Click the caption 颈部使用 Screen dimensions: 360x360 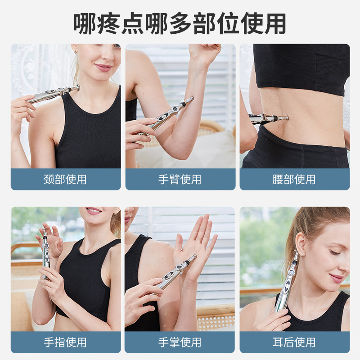(x=66, y=180)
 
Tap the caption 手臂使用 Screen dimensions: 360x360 (x=180, y=180)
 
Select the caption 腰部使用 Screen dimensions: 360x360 (x=294, y=180)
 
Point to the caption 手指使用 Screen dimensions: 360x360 (x=66, y=342)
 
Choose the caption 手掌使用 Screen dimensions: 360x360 (x=180, y=342)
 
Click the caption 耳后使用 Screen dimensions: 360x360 (x=294, y=342)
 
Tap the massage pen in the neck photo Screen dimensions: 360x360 (x=52, y=94)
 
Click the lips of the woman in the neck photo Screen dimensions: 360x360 (x=103, y=67)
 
